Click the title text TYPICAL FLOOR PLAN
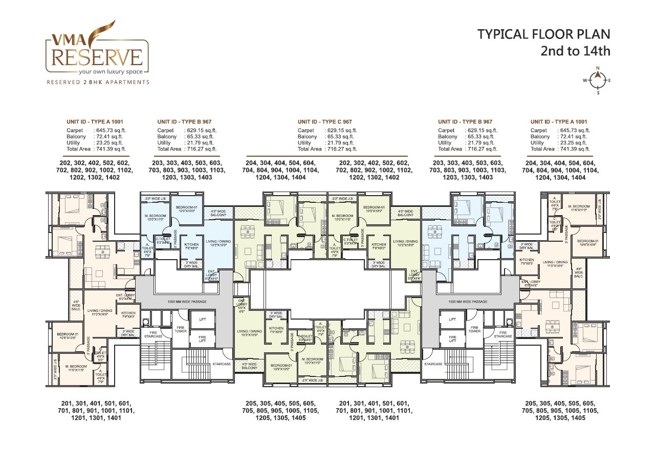point(544,34)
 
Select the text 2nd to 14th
point(576,51)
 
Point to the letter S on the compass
point(598,93)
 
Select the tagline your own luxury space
point(97,71)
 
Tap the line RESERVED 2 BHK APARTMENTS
point(98,82)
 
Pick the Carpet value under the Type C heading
point(341,131)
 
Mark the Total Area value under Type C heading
point(341,149)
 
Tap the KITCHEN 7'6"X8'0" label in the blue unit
point(191,247)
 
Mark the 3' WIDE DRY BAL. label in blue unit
point(191,264)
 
